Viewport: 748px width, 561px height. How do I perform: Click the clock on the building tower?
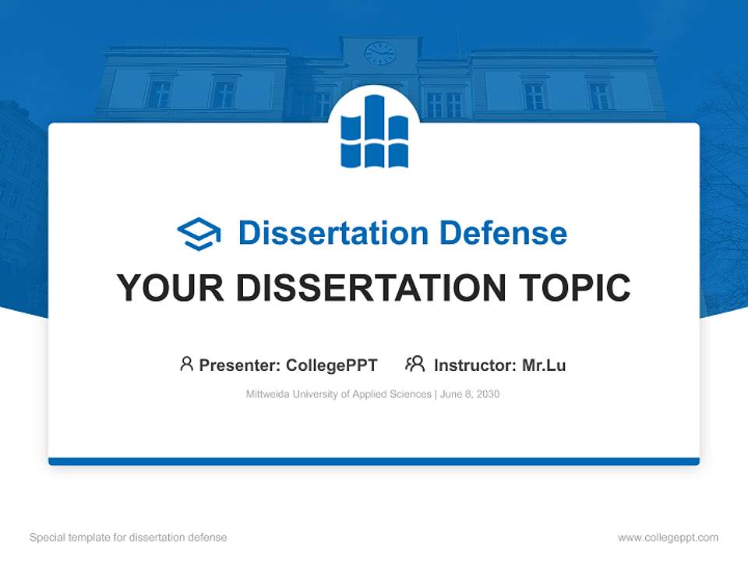click(380, 53)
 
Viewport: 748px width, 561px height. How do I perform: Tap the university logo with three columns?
click(374, 131)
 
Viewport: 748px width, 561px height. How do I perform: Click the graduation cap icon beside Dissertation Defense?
click(199, 233)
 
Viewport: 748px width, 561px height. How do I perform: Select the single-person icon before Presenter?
click(186, 364)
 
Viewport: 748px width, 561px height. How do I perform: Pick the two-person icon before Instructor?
click(415, 364)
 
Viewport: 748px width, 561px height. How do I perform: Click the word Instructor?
click(475, 365)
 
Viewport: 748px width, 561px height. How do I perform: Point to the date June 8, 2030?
click(470, 394)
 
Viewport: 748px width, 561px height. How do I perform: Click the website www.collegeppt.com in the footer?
click(668, 538)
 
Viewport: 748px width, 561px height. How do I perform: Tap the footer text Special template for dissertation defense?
click(128, 538)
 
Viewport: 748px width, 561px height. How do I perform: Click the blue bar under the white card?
click(374, 462)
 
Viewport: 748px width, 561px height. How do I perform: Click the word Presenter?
click(240, 365)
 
